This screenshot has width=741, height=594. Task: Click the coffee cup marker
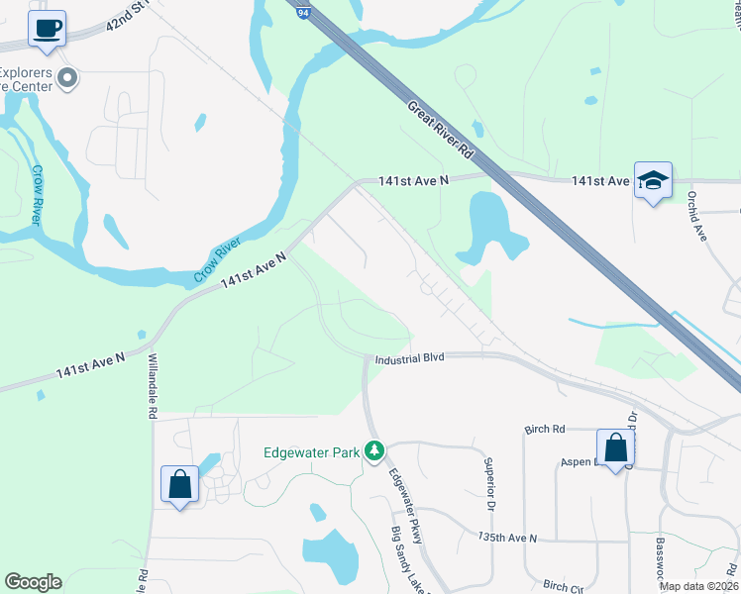pos(46,29)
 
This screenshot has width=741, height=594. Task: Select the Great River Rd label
pos(440,128)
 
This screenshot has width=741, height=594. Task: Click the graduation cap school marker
pos(653,181)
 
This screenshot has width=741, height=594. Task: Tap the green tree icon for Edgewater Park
pos(373,451)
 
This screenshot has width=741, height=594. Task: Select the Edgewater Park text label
pos(310,452)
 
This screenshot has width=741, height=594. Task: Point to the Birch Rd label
pos(544,429)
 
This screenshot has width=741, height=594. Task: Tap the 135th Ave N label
pos(506,538)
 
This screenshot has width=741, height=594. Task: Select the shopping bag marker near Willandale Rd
pos(179,485)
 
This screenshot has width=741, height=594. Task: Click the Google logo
pos(33,582)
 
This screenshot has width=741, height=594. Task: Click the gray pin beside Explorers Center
pos(67,78)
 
